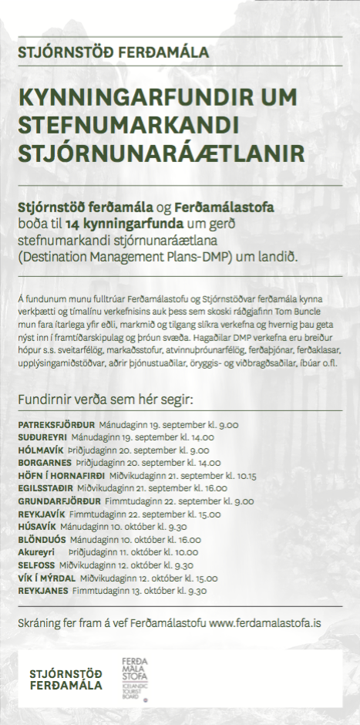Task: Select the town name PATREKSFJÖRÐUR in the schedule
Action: [x=56, y=425]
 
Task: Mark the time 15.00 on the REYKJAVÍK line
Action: [x=208, y=514]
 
